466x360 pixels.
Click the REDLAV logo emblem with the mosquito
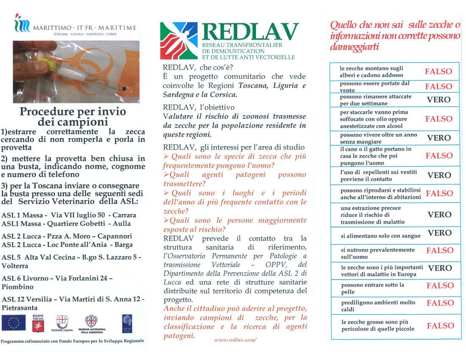point(179,41)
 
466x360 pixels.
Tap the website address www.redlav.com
point(235,340)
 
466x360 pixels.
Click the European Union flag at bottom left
point(14,323)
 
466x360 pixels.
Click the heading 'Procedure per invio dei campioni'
point(73,117)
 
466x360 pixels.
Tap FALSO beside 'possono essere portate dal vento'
point(438,86)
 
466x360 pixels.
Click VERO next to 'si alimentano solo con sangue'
point(439,233)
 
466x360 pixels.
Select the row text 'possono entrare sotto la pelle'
point(367,288)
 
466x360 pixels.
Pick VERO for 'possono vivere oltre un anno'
point(438,138)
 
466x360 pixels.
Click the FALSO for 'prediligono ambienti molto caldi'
point(440,303)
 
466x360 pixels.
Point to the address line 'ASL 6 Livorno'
point(57,279)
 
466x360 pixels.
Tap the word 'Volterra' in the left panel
point(15,266)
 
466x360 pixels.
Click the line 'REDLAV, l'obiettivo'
point(198,107)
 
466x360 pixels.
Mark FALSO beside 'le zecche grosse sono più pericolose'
point(440,326)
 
